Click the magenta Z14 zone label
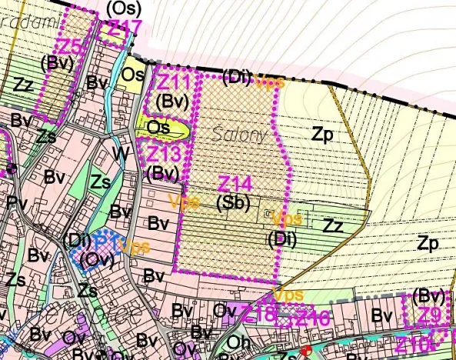click(235, 184)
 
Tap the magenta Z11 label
click(174, 82)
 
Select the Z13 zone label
click(163, 153)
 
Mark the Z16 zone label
click(312, 316)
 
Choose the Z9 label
click(429, 315)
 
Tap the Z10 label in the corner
click(416, 343)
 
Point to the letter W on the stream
click(121, 154)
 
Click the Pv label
click(16, 202)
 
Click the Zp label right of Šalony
click(322, 133)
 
